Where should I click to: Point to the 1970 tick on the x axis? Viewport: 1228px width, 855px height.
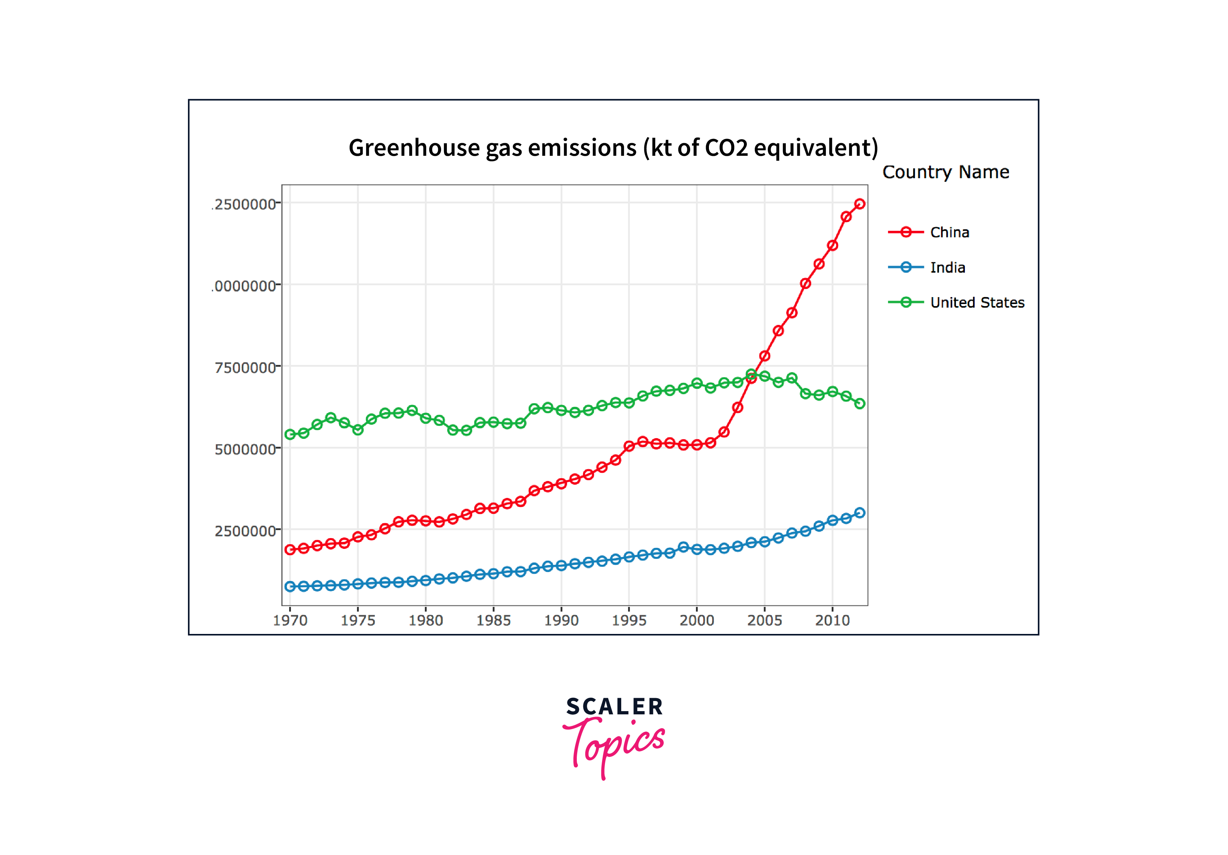point(290,620)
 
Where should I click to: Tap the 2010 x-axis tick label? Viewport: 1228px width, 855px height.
point(832,620)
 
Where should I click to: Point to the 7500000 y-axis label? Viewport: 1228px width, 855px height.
point(245,368)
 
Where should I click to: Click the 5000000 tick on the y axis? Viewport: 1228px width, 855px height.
point(245,449)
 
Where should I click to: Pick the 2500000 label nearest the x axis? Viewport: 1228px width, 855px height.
point(245,531)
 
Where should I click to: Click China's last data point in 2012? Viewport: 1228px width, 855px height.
point(859,204)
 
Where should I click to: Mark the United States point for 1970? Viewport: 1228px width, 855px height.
point(290,435)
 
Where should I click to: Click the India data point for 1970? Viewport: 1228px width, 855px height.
point(290,587)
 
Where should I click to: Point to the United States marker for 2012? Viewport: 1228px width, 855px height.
point(859,404)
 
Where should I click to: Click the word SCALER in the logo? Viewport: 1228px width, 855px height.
point(614,707)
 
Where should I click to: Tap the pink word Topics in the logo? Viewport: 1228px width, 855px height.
point(615,744)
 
